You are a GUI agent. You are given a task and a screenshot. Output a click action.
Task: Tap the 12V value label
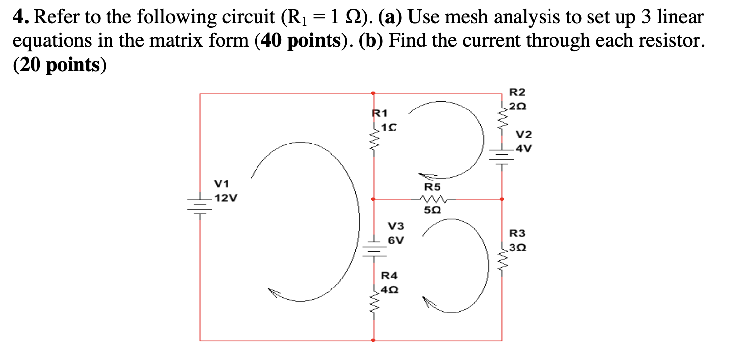[226, 198]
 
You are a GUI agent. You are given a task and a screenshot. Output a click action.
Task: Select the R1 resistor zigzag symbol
[373, 142]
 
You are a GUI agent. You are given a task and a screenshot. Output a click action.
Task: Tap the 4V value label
[523, 148]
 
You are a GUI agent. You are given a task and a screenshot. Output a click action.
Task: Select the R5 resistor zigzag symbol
[434, 200]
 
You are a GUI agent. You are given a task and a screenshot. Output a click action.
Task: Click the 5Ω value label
[432, 211]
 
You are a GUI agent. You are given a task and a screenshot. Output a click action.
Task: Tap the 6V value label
[396, 241]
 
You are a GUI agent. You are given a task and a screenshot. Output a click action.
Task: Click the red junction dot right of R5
[502, 199]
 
